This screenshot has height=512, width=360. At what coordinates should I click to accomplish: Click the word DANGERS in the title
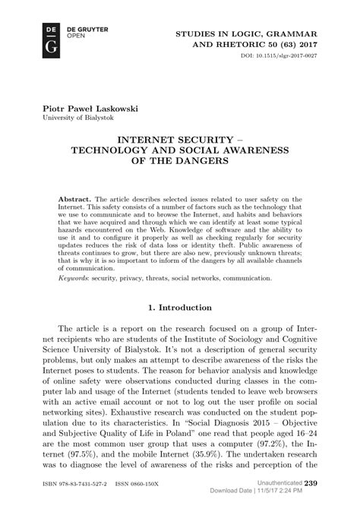pyautogui.click(x=208, y=160)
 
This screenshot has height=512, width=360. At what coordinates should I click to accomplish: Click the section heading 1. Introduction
pyautogui.click(x=179, y=308)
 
